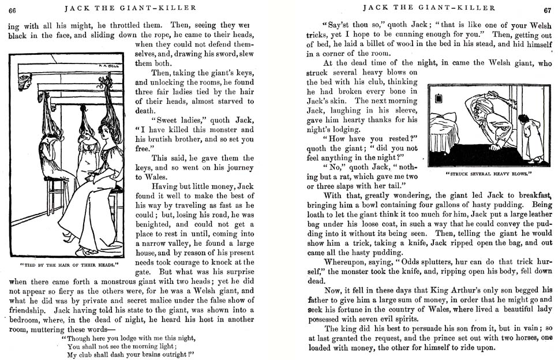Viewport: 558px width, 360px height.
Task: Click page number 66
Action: pos(12,8)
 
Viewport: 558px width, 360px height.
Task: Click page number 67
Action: pos(547,9)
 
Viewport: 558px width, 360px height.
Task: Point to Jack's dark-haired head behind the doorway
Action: pos(522,121)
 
